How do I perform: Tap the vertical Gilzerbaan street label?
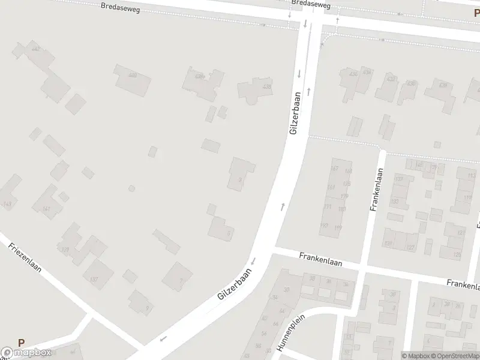point(294,114)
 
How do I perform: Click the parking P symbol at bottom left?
point(22,343)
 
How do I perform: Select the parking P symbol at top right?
point(476,13)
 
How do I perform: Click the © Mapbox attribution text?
point(415,355)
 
